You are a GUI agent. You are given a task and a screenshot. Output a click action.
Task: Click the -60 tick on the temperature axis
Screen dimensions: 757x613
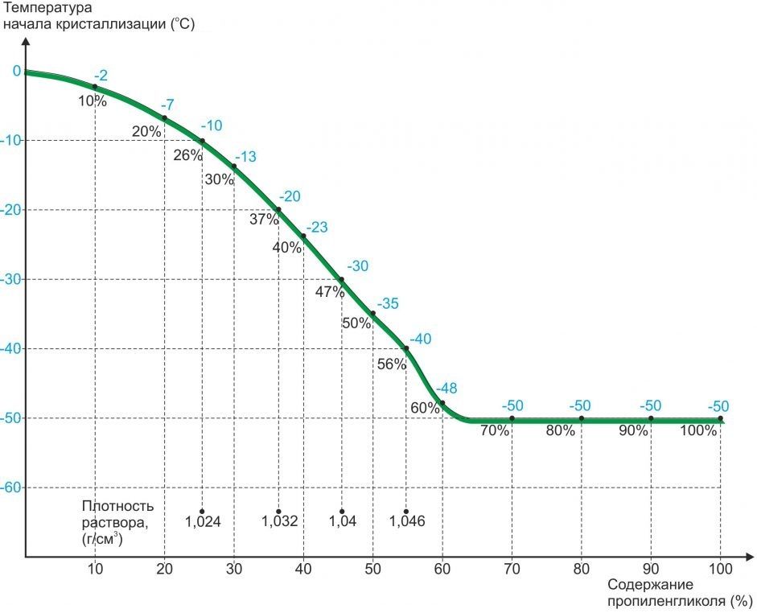[x=10, y=488]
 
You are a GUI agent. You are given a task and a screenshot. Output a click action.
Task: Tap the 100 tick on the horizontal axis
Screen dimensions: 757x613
[x=720, y=569]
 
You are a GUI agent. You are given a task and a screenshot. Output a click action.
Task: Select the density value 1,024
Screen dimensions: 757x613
[x=203, y=521]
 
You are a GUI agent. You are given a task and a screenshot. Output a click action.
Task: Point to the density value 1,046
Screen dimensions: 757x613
[x=407, y=521]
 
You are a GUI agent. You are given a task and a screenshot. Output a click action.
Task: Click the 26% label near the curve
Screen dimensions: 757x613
[x=187, y=155]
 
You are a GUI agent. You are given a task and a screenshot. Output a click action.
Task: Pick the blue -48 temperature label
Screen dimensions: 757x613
[x=446, y=389]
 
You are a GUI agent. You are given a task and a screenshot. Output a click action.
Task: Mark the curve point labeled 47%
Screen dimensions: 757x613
[x=341, y=279]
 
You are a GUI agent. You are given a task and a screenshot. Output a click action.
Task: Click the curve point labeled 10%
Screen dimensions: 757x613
[x=95, y=87]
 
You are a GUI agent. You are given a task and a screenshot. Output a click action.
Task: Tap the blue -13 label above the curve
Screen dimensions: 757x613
[x=245, y=157]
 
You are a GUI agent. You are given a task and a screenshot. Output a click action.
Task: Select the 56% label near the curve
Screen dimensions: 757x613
[x=392, y=364]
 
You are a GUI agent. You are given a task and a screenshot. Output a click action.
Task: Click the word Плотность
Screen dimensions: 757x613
[x=117, y=506]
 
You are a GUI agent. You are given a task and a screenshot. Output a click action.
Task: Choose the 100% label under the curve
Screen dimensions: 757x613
[x=698, y=430]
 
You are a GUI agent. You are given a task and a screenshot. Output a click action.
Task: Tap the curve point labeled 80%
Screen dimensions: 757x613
[x=582, y=418]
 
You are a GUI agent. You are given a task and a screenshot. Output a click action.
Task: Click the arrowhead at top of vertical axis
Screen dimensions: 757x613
[x=26, y=39]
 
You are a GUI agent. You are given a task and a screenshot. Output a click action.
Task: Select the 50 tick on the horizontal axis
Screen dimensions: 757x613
[x=372, y=569]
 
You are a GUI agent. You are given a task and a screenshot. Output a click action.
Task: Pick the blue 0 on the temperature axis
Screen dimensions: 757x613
[x=17, y=72]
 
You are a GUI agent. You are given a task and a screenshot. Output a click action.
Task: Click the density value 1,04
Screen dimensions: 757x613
[x=343, y=521]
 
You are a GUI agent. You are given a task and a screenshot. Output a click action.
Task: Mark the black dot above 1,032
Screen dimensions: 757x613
[x=278, y=512]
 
